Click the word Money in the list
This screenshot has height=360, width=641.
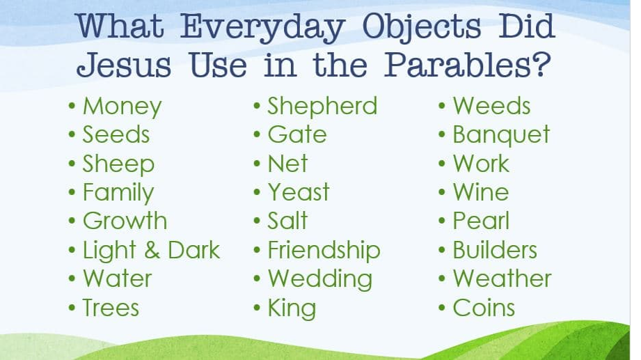coord(122,107)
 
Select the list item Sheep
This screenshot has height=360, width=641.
coord(118,165)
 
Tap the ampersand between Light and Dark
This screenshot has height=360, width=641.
coord(152,251)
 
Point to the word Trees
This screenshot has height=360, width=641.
coord(111,308)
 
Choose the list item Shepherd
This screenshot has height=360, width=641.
coord(322,107)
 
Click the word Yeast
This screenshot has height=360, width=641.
coord(299,192)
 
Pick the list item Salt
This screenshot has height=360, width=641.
coord(287,221)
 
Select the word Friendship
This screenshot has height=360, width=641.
coord(324,251)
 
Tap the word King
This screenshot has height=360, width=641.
coord(292,308)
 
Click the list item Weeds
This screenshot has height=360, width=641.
coord(491,106)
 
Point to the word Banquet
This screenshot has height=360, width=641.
coord(501,136)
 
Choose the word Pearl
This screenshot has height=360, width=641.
coord(481,221)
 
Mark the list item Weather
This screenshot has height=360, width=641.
coord(502,279)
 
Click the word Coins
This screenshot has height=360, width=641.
coord(484,308)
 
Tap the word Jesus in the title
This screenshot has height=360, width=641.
coord(123,65)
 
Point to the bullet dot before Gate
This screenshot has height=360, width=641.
coord(257,135)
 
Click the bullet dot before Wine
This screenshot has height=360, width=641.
coord(442,192)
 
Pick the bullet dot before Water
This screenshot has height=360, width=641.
coord(72,279)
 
